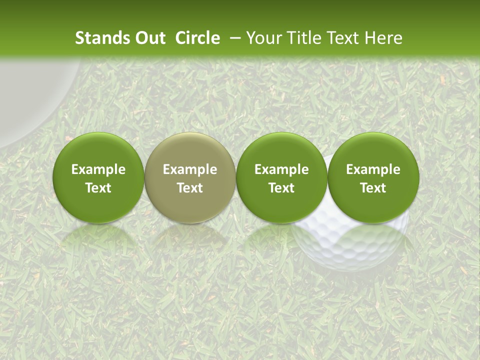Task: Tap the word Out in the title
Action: click(148, 38)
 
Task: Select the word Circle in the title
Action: click(197, 38)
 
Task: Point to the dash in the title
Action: click(233, 38)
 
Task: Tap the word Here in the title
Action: click(384, 38)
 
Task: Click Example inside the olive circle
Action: click(190, 169)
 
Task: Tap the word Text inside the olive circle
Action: click(190, 188)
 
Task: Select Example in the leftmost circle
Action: click(98, 169)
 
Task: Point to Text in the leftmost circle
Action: click(98, 188)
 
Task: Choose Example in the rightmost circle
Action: click(373, 169)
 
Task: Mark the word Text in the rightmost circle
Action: click(373, 188)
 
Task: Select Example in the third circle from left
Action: click(281, 169)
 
